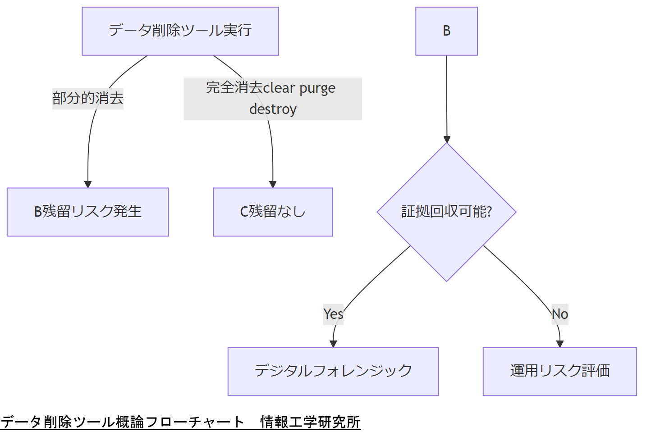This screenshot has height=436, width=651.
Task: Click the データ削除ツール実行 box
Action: (x=180, y=31)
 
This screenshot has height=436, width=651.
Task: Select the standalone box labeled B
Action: (x=446, y=31)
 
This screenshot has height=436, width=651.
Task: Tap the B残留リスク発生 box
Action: (x=88, y=212)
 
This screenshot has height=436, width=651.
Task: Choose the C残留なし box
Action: (x=273, y=212)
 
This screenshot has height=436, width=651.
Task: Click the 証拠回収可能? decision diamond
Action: (x=446, y=212)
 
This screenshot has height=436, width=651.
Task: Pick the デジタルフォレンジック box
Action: (x=333, y=371)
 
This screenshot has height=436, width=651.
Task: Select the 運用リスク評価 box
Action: (x=559, y=371)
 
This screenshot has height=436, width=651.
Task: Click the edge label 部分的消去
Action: (x=88, y=98)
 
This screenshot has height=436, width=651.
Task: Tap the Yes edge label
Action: (x=333, y=314)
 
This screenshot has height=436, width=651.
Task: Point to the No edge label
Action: (x=560, y=314)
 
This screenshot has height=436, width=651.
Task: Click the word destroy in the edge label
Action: (x=273, y=109)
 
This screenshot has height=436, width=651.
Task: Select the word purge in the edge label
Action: (x=317, y=88)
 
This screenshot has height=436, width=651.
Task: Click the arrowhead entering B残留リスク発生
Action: (x=88, y=184)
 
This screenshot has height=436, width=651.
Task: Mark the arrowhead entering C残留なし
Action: (x=273, y=184)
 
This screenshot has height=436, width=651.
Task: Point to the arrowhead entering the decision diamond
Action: (x=447, y=139)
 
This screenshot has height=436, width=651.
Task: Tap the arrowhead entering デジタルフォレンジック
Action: (x=333, y=344)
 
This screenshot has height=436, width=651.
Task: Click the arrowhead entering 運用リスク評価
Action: (x=560, y=344)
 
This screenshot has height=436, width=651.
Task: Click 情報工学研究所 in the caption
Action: (x=310, y=422)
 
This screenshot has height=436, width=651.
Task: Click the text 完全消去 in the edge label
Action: (x=234, y=88)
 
